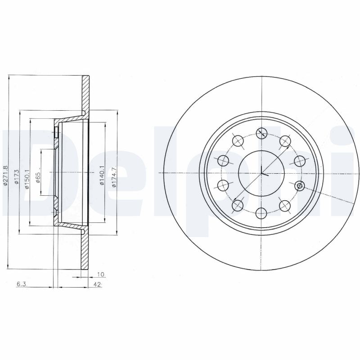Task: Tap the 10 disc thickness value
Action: tap(100, 274)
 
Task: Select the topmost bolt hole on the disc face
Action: tap(261, 133)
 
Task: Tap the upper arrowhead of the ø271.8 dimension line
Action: tap(9, 77)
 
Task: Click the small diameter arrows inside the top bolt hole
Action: tap(261, 133)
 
